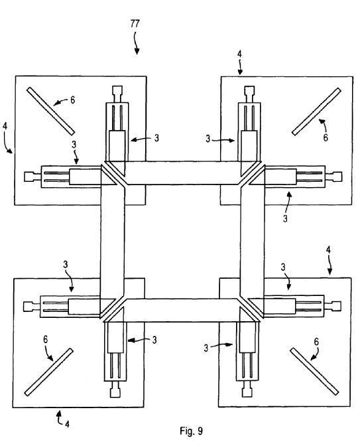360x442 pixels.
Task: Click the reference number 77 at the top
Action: tap(135, 24)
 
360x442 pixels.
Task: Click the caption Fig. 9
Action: tap(191, 431)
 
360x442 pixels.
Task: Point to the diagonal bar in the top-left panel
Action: tap(50, 111)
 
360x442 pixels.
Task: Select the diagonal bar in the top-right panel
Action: tap(317, 111)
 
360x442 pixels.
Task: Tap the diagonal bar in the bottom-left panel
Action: tap(49, 372)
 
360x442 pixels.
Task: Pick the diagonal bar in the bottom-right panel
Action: tap(314, 371)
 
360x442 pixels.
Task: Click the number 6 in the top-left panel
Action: tap(73, 100)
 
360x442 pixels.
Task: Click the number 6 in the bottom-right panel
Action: tap(316, 342)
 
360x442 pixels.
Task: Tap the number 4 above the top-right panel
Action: tap(239, 54)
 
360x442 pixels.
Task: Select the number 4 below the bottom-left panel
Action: tap(67, 423)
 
